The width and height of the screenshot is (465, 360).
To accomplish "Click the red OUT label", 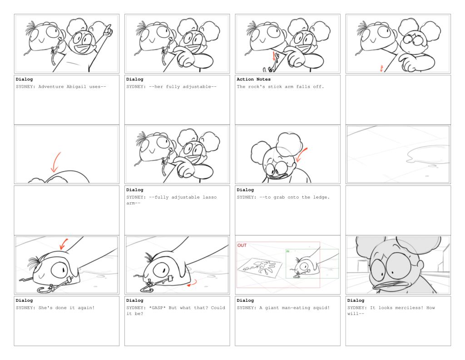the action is coord(242,245).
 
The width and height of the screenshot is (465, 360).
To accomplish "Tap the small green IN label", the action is coord(287,251).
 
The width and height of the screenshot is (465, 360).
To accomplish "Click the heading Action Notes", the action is coord(253,79).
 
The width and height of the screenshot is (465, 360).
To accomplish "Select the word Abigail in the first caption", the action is coord(76,87).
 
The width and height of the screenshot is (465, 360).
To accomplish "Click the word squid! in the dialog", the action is coord(321,308).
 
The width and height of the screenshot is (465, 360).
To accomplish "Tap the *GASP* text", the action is coord(157,308).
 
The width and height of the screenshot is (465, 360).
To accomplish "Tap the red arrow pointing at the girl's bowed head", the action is coord(302,155).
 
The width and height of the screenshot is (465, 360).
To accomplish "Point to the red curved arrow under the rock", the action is coord(192,284).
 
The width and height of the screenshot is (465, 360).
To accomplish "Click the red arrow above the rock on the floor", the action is coord(64,244).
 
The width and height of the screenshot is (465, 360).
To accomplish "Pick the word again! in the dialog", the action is coord(86,308).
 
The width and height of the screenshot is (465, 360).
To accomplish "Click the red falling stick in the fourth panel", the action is coord(381,68).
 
